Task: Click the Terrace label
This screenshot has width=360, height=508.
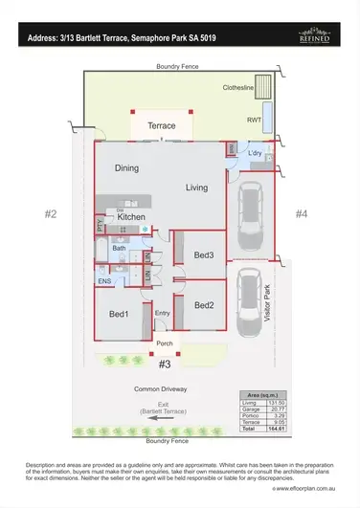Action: point(161,125)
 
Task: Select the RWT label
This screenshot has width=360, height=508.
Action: point(254,121)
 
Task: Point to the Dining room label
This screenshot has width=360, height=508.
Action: point(127,168)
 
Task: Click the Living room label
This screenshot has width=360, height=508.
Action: point(197,188)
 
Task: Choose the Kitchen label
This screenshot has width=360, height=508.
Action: point(131,217)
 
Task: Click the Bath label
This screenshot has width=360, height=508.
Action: point(119,248)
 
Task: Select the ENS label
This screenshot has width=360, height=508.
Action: point(104,281)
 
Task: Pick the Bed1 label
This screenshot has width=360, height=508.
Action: point(119,314)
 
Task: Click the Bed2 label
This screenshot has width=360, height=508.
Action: point(203,305)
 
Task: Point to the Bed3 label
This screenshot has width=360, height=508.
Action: point(203,254)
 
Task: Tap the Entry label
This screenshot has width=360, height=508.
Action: point(163,313)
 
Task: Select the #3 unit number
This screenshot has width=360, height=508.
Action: point(164,364)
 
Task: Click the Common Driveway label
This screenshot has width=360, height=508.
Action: point(161,389)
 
